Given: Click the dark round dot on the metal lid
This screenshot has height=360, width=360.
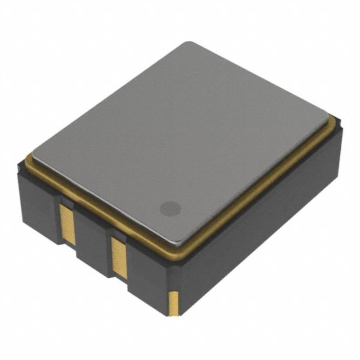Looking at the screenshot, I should pos(170,208).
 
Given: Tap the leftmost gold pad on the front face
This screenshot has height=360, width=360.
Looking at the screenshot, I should pos(68,224).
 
